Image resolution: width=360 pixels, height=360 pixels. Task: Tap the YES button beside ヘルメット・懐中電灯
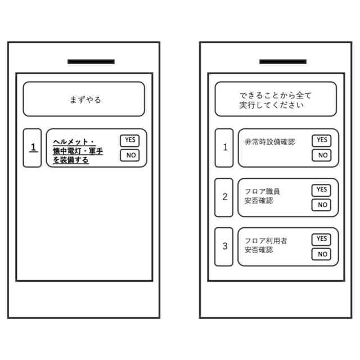(130, 141)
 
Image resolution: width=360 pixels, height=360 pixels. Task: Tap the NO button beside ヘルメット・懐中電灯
(130, 155)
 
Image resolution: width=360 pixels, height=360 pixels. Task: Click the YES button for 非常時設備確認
(322, 141)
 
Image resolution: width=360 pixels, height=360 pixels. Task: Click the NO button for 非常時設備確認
(322, 155)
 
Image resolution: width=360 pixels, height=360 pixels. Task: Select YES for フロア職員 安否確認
(322, 190)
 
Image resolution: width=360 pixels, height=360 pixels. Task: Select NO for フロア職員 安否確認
(322, 205)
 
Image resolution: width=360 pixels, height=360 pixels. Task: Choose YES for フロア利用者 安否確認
(322, 239)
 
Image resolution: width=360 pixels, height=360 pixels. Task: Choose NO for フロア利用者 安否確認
(322, 254)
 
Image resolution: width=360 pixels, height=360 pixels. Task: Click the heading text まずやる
(85, 100)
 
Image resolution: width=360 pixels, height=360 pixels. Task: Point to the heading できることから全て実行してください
(275, 100)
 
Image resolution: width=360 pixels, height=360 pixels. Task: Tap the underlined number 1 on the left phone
(33, 147)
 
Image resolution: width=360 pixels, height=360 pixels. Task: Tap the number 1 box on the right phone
(224, 147)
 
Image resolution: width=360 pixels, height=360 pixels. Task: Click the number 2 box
(224, 197)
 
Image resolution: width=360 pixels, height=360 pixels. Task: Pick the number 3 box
(224, 246)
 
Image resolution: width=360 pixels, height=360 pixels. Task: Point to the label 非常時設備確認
(269, 142)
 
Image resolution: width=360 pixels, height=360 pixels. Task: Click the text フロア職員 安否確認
(262, 196)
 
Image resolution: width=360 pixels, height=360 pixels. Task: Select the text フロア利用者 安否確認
(265, 245)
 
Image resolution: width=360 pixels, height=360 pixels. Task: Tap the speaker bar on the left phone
(91, 61)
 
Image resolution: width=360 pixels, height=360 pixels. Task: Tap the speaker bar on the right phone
(283, 61)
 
